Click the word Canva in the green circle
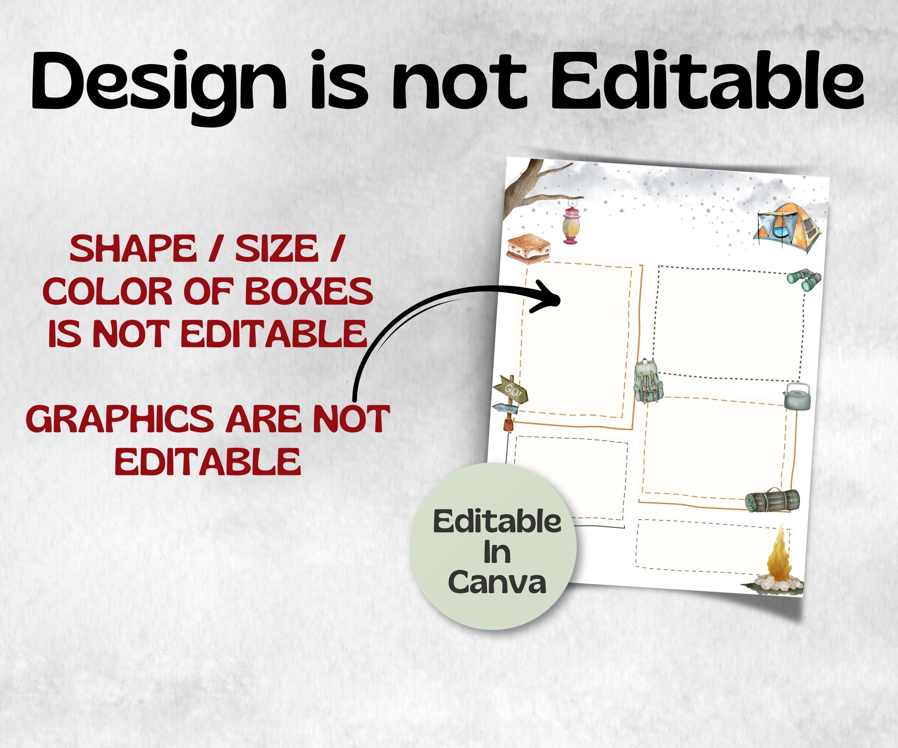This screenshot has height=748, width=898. [497, 582]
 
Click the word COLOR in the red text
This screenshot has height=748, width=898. [107, 292]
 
